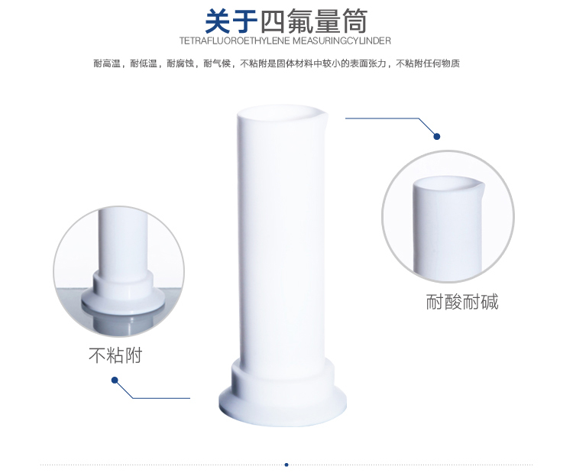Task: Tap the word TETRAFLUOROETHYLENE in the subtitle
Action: [x=235, y=40]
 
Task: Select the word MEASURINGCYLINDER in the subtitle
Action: [x=342, y=40]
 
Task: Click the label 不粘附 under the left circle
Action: [x=115, y=355]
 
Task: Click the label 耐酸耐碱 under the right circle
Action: [x=462, y=302]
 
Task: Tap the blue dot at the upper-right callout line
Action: [x=437, y=136]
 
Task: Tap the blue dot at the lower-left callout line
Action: [x=115, y=381]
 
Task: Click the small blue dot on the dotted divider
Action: [x=286, y=465]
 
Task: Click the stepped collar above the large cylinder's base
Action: [x=283, y=374]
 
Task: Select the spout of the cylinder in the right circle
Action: [x=479, y=184]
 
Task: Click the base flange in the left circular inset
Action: [x=122, y=299]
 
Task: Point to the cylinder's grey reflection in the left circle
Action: [x=122, y=322]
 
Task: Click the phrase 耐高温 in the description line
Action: [x=107, y=63]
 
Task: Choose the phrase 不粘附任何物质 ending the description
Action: [x=428, y=63]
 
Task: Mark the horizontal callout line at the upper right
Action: [x=382, y=118]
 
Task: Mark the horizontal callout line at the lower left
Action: [x=161, y=398]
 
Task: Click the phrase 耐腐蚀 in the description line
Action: [x=180, y=63]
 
